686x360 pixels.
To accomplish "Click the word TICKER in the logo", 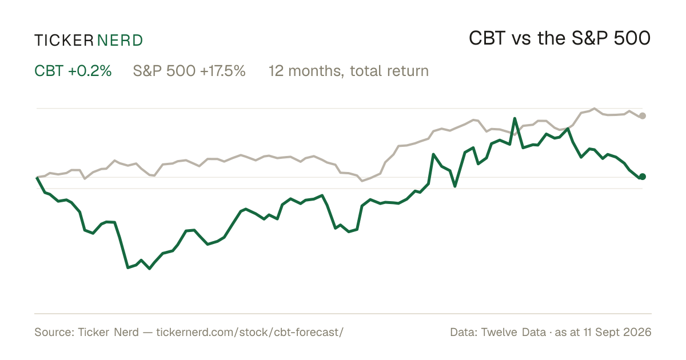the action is [x=64, y=41].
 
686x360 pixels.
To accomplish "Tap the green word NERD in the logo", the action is [x=120, y=41].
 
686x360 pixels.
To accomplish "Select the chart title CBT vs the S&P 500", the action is [x=560, y=38].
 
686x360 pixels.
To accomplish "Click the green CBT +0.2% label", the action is [x=73, y=71].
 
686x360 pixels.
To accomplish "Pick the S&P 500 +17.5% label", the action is [x=189, y=71].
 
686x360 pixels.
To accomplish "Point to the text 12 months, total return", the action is [x=349, y=71].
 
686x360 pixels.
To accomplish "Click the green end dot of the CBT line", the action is [x=643, y=177].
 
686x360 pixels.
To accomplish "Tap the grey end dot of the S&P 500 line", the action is [x=643, y=115].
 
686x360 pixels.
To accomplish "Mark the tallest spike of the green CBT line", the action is [x=515, y=118].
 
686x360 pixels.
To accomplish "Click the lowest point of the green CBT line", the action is [x=149, y=269].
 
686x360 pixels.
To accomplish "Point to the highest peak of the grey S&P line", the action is [x=595, y=109].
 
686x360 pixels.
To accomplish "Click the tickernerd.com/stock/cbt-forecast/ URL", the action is [x=250, y=332].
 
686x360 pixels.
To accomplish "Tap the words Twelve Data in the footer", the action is [x=513, y=332].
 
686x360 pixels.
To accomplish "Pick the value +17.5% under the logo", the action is [x=222, y=71].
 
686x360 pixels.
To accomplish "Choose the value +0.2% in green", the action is [x=90, y=71].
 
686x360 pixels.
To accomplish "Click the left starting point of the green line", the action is [x=37, y=177].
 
